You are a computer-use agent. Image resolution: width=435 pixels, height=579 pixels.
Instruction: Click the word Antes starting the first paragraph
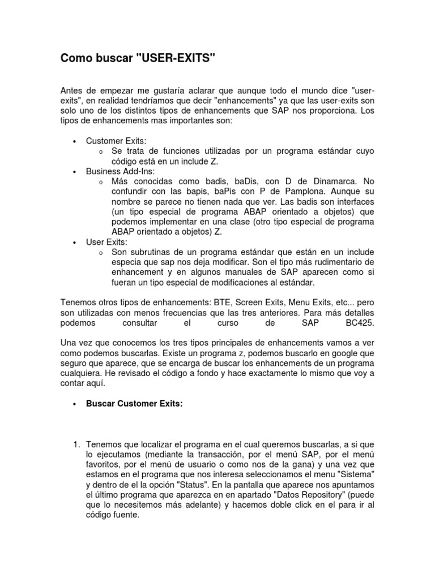(71, 90)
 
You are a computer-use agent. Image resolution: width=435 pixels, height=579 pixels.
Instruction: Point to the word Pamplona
(299, 192)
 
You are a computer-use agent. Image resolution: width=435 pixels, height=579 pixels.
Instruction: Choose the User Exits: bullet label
(106, 242)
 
